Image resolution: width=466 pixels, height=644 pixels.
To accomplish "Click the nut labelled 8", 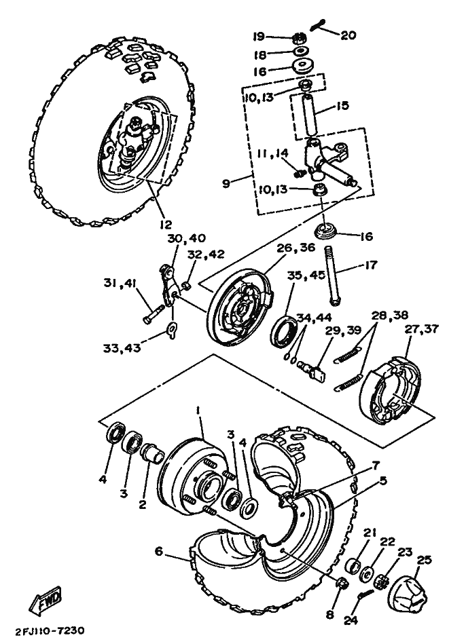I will coord(342,583).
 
